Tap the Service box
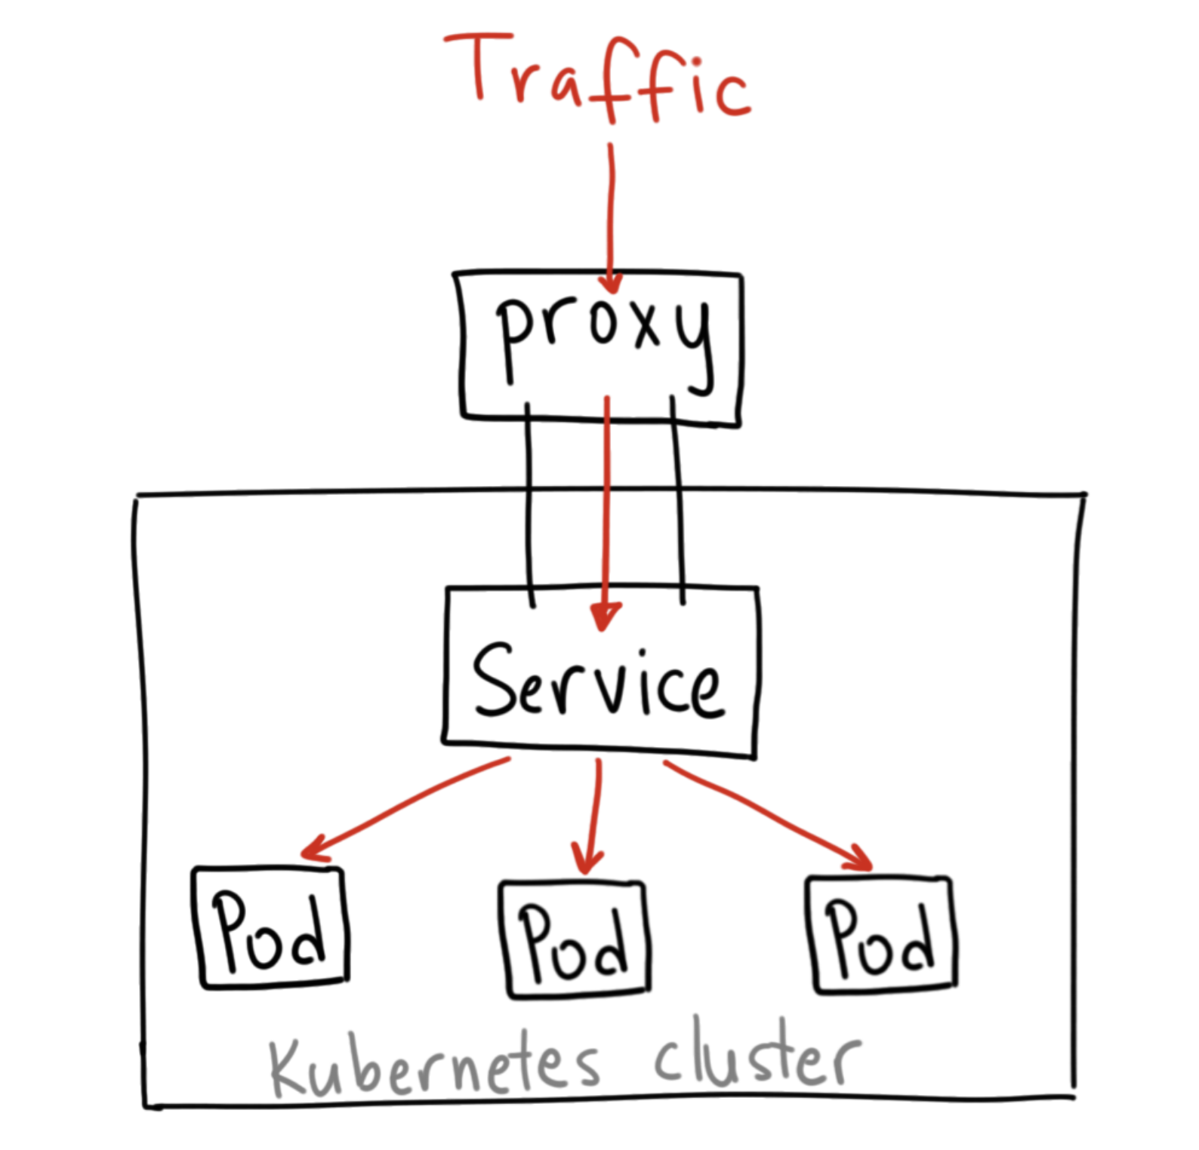coord(600,672)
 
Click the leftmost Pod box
coord(270,928)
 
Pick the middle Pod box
coord(575,939)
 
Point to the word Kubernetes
coord(434,1064)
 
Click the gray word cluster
coord(755,1056)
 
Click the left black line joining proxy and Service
coord(529,506)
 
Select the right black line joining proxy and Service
coord(677,506)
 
